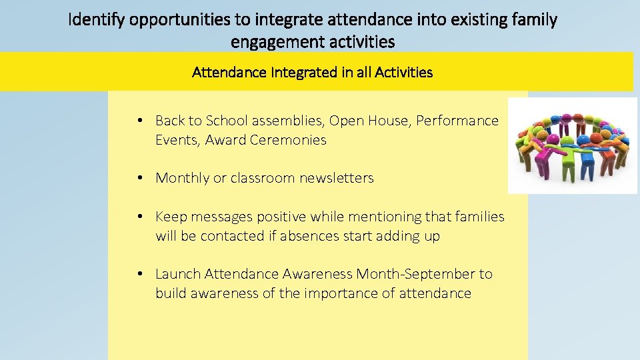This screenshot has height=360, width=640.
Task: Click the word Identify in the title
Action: point(98,20)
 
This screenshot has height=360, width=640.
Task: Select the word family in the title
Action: point(533,20)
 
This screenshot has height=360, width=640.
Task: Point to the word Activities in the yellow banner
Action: point(400,72)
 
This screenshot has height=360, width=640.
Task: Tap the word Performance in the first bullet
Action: point(457,121)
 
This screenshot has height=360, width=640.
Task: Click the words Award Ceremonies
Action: point(266,140)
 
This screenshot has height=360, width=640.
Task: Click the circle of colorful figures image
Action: point(573,145)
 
